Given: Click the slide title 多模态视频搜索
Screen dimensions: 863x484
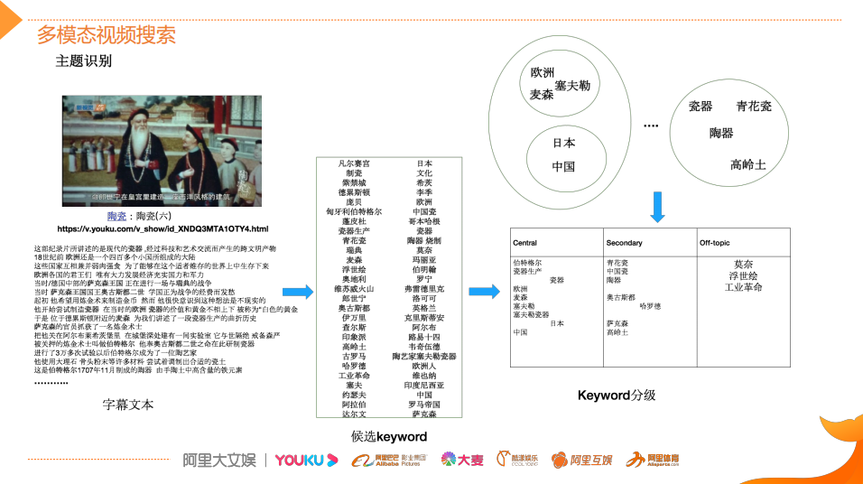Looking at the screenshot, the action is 107,35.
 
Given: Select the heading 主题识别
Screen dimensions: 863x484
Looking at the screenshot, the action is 84,61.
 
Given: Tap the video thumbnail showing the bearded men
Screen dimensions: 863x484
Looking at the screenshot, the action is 161,150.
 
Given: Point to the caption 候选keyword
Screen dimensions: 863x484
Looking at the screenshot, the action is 389,437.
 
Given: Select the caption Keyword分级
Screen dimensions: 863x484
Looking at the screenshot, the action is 617,396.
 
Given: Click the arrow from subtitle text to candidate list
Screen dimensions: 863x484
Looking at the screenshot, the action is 298,292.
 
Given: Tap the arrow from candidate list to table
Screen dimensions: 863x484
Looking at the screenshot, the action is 484,291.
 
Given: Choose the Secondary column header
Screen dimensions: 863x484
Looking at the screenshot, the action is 625,243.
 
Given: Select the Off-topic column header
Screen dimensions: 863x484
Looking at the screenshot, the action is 717,243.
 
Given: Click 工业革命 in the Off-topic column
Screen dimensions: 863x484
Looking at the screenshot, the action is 744,287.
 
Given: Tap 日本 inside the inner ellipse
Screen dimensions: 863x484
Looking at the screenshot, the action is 564,143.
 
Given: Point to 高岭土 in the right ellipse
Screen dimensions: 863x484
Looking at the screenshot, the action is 748,165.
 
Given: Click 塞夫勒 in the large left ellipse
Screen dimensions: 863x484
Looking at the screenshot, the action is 572,85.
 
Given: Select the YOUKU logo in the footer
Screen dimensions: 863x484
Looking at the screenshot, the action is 306,461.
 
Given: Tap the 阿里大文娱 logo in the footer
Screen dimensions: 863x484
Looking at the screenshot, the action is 218,461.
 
